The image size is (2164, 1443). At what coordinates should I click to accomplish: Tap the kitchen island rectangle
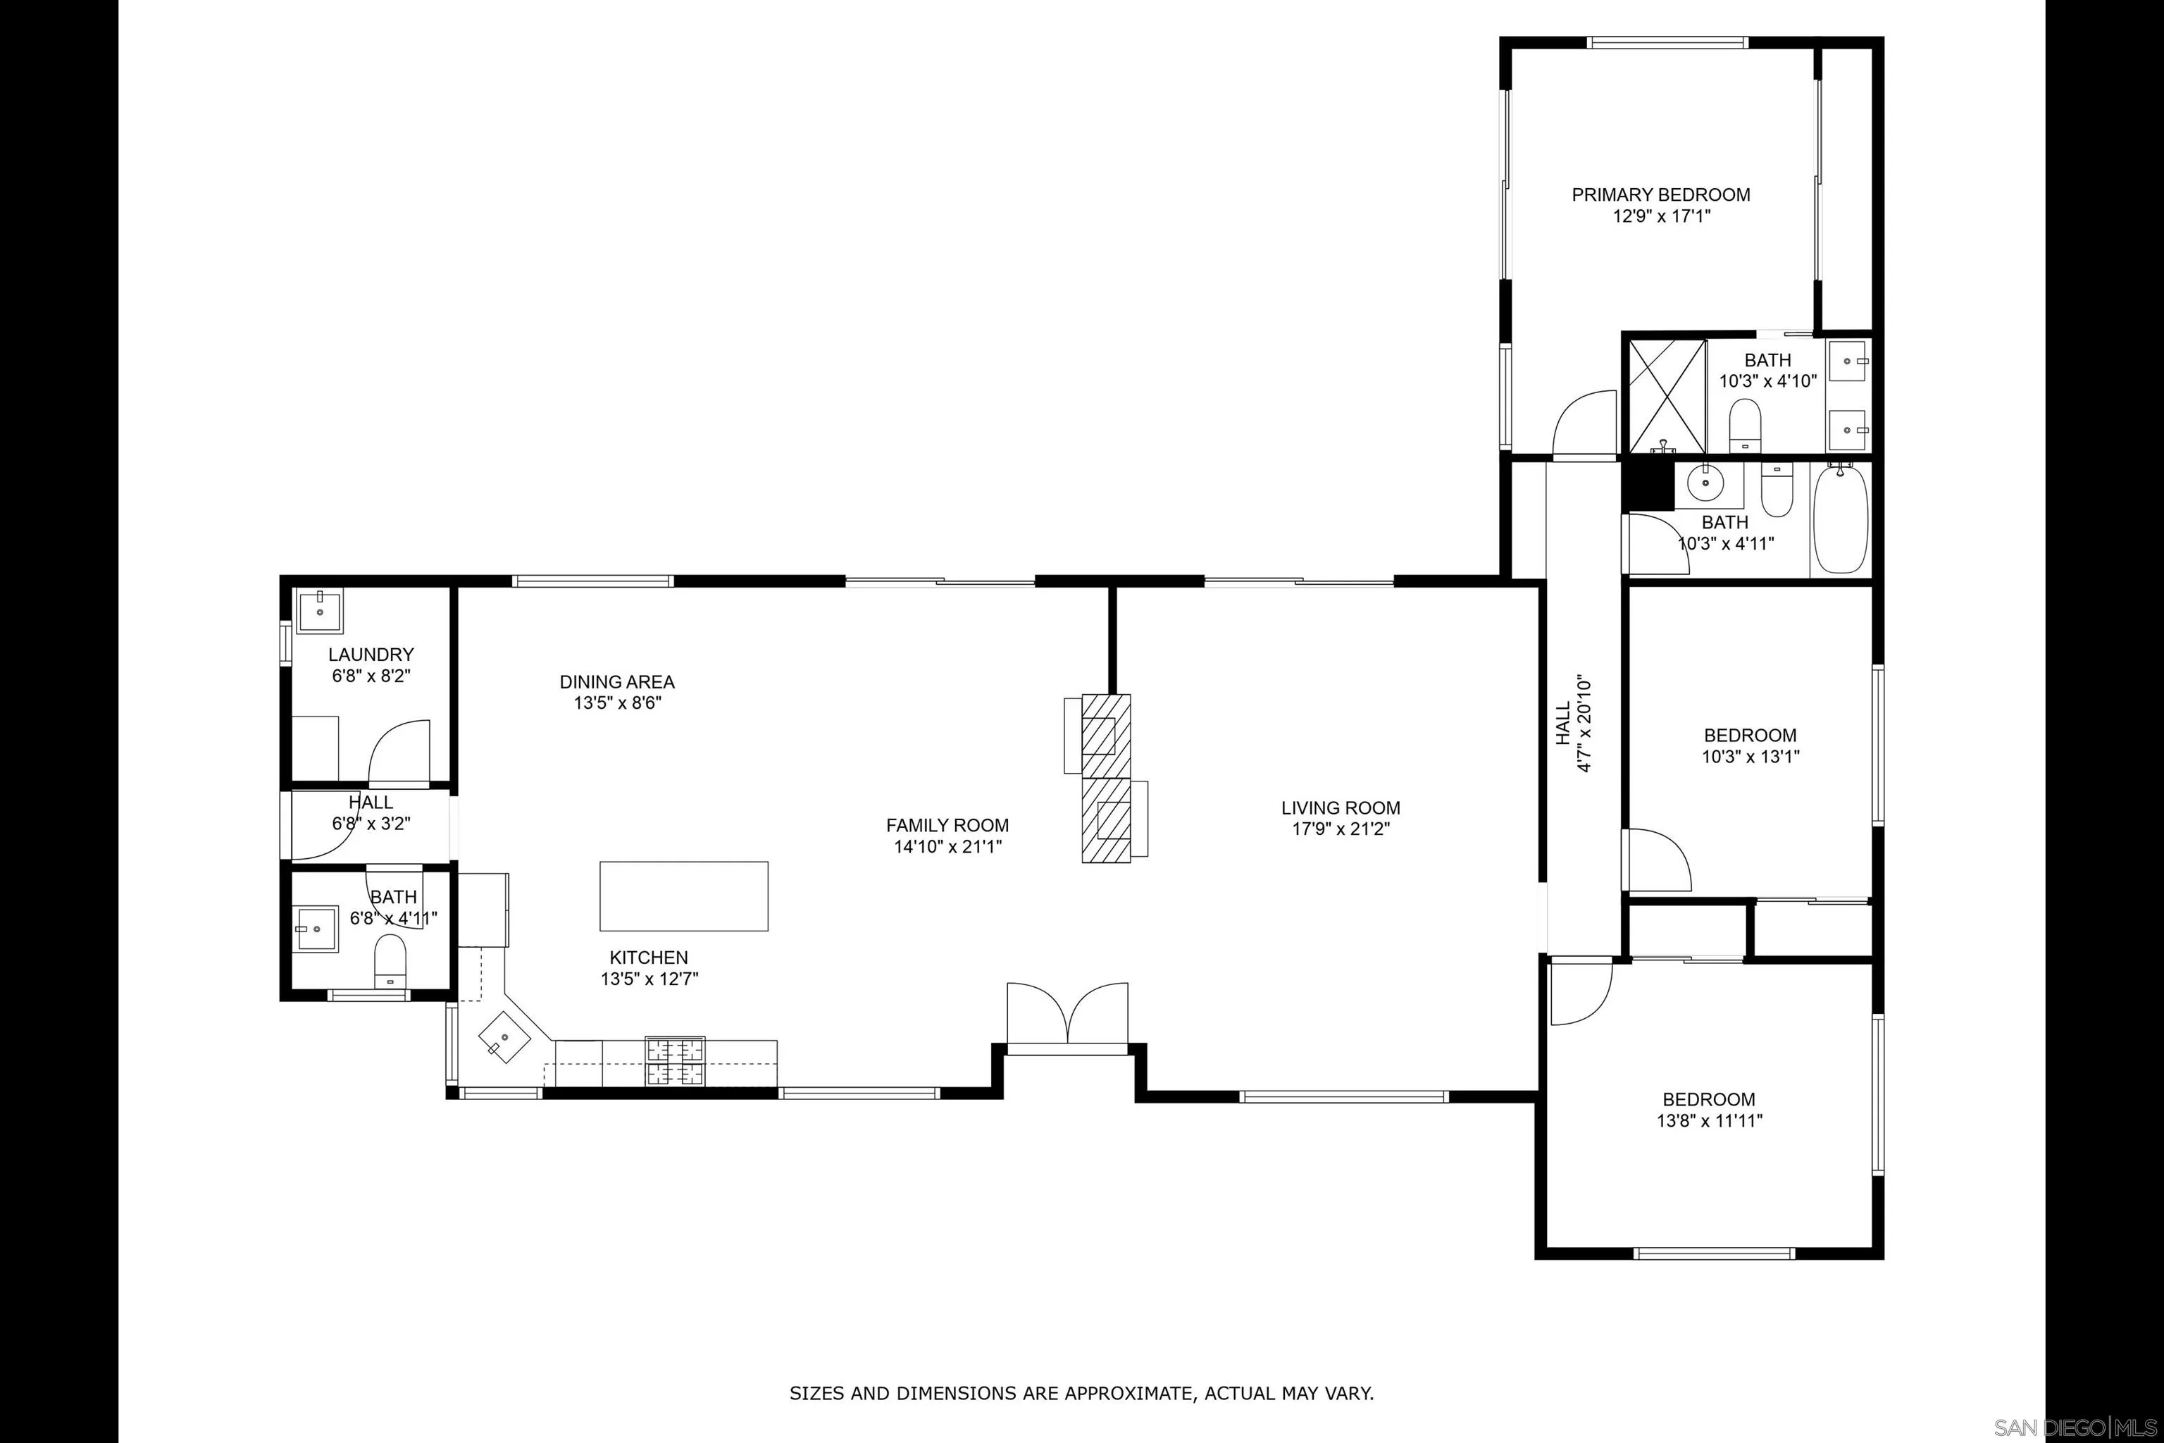[683, 896]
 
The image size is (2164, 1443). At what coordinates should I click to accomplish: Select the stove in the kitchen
[676, 1061]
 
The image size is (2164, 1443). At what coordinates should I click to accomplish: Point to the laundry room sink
[319, 612]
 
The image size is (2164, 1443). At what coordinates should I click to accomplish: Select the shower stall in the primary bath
[1666, 396]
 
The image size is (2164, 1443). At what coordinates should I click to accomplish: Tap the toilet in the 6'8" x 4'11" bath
[390, 961]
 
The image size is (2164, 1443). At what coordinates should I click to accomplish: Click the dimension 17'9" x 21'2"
[1341, 829]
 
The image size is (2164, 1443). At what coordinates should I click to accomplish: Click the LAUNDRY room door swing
[399, 752]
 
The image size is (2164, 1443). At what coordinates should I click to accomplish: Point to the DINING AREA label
[616, 682]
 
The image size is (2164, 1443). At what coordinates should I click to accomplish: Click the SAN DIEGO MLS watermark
[2075, 1427]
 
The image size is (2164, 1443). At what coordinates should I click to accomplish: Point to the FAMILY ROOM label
[947, 826]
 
